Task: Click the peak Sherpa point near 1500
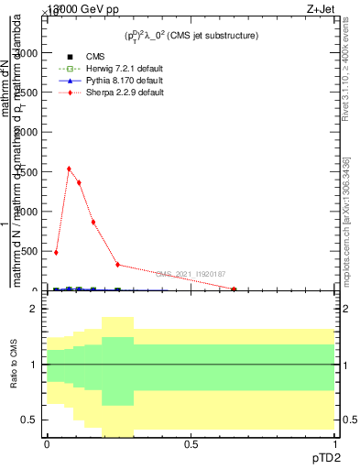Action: [69, 169]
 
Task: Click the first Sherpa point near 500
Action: [56, 252]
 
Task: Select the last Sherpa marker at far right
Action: [234, 289]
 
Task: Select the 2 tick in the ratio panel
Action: [35, 310]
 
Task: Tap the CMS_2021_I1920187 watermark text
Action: [191, 273]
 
